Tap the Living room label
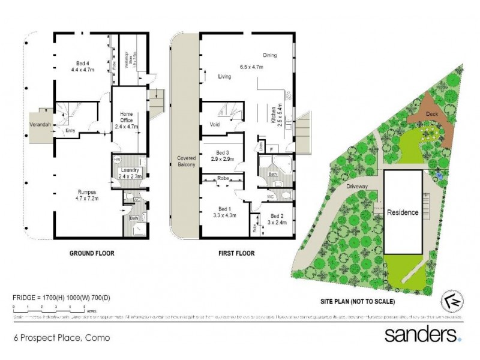pos(224,76)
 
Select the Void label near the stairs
pos(216,125)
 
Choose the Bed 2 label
pos(278,218)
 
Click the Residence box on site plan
pos(402,212)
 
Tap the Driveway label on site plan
pos(358,187)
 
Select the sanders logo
pos(424,335)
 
